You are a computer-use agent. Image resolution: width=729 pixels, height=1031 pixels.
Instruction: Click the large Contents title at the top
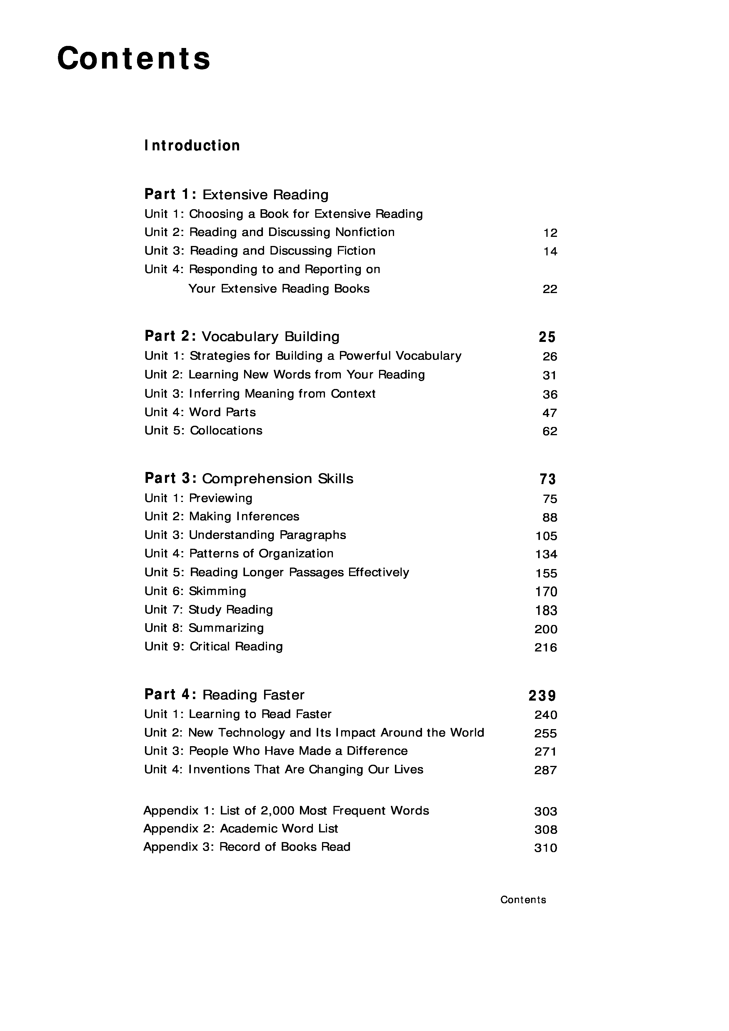coord(134,58)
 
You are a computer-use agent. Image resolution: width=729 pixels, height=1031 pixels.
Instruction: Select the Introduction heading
coord(192,145)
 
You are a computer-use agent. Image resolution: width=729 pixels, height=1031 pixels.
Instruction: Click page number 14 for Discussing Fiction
coord(550,252)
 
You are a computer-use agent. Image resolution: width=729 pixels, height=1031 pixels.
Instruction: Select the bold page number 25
coord(547,337)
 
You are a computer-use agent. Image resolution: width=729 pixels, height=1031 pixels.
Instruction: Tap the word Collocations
coord(226,431)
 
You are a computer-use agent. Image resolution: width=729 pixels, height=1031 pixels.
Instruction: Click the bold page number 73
coord(548,479)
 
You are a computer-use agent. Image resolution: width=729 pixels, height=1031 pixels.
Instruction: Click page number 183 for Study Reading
coord(546,610)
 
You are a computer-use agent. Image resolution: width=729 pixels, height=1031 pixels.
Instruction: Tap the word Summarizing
coord(226,628)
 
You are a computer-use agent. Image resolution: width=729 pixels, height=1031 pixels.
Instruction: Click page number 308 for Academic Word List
coord(546,829)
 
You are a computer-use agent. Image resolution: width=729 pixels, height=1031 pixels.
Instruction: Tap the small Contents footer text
coord(523,899)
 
